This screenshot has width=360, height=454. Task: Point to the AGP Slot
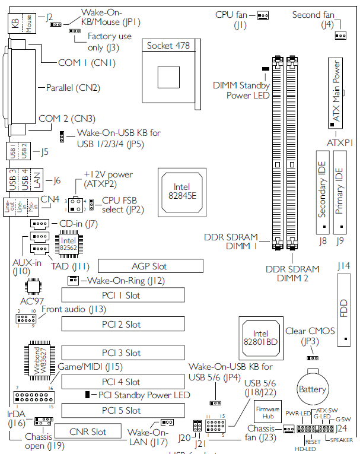149,266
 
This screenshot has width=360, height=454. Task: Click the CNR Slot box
88,431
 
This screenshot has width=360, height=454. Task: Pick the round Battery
313,390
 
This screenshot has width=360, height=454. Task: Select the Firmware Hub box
267,414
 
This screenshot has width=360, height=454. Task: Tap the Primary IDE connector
339,192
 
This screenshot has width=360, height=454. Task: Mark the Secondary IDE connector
323,192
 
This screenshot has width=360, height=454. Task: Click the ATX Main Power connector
335,93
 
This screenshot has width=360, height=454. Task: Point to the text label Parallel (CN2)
70,88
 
